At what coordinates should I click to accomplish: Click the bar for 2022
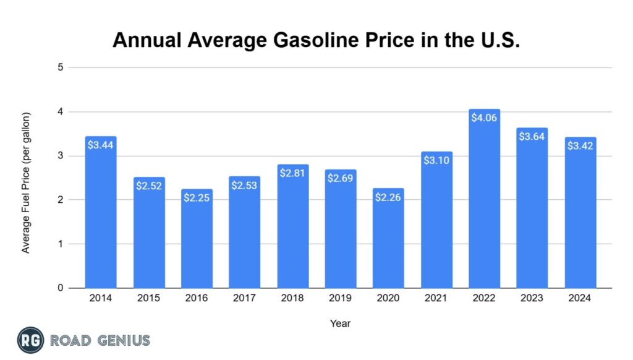pyautogui.click(x=484, y=204)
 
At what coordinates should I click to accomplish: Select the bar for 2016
pyautogui.click(x=197, y=241)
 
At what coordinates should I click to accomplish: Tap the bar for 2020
pyautogui.click(x=388, y=241)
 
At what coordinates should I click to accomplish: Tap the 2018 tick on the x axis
pyautogui.click(x=292, y=298)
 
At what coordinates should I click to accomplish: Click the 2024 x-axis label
pyautogui.click(x=580, y=298)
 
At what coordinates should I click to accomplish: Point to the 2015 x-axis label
pyautogui.click(x=149, y=298)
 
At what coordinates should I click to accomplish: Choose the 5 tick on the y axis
pyautogui.click(x=61, y=67)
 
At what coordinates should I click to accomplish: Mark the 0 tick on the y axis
pyautogui.click(x=61, y=288)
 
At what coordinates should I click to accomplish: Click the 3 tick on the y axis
pyautogui.click(x=61, y=156)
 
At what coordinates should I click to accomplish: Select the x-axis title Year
pyautogui.click(x=340, y=322)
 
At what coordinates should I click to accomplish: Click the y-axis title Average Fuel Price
pyautogui.click(x=26, y=182)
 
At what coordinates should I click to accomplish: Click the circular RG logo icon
pyautogui.click(x=29, y=340)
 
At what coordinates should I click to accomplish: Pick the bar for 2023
pyautogui.click(x=532, y=210)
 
